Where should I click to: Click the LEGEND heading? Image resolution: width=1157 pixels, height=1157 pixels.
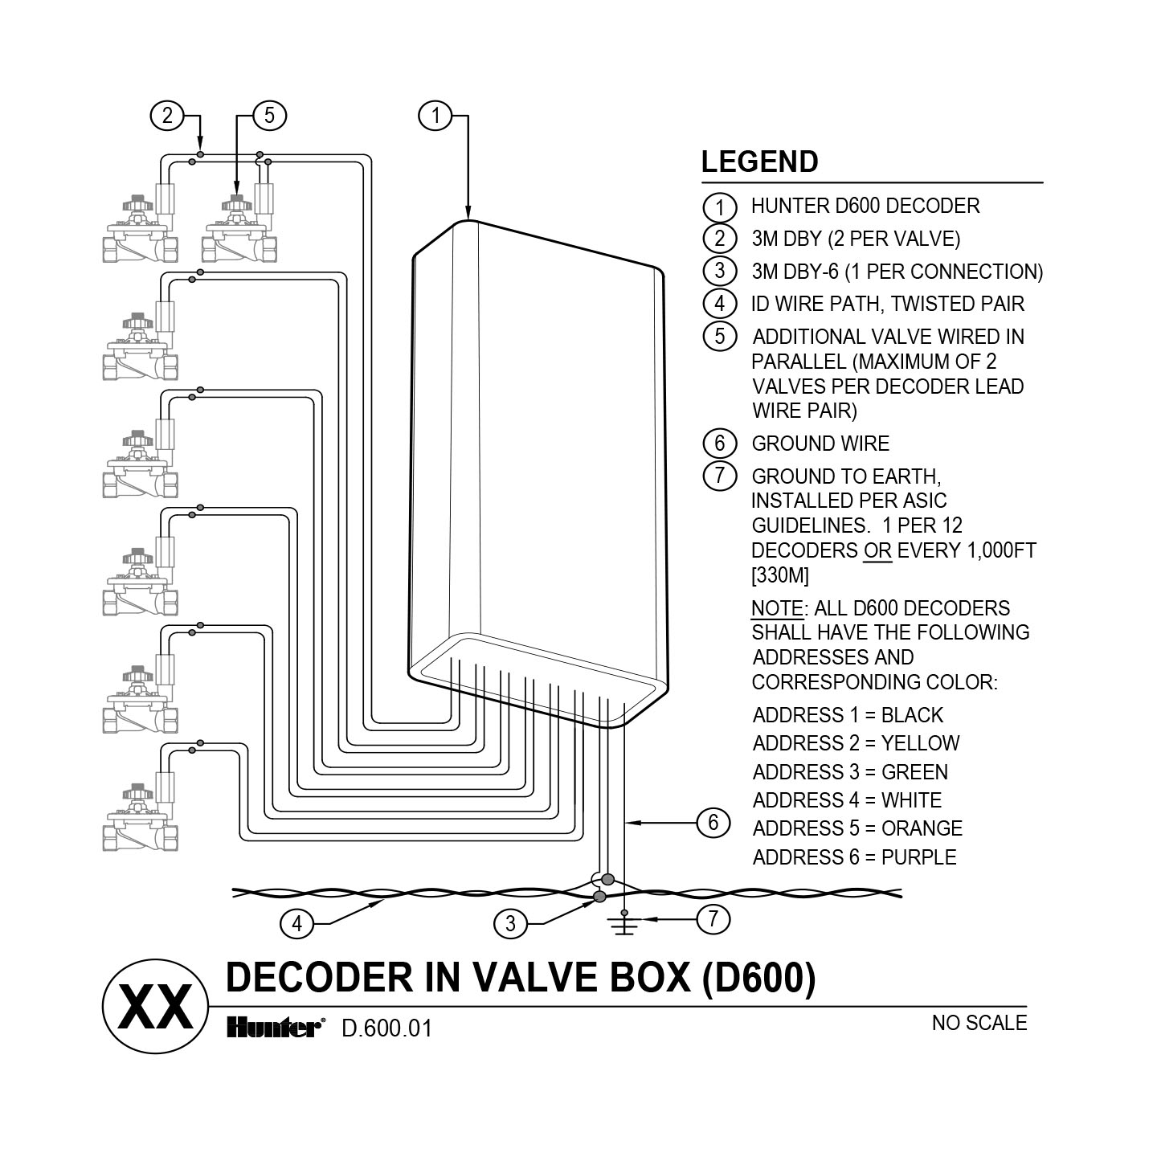pos(759,161)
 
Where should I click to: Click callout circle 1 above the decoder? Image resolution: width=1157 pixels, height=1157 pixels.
pos(435,116)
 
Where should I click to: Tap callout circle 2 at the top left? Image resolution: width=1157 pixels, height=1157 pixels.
pos(167,116)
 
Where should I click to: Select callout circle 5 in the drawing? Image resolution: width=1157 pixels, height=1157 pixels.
pos(269,116)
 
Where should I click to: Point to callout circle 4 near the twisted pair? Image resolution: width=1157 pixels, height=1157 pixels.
pos(296,924)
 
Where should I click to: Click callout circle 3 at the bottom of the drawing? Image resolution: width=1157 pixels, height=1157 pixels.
pos(510,924)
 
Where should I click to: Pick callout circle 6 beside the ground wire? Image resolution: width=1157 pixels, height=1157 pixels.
pos(713,822)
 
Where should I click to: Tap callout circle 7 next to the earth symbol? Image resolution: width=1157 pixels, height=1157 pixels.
pos(713,918)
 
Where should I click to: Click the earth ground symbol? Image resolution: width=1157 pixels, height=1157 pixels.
pos(625,925)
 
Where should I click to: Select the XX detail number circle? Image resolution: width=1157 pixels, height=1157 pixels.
pos(155,1007)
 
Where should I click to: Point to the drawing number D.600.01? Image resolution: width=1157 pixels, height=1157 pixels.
pos(386,1028)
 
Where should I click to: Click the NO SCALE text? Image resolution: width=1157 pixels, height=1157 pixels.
pos(979,1023)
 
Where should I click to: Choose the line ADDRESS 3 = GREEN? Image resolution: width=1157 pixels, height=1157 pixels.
pos(849,772)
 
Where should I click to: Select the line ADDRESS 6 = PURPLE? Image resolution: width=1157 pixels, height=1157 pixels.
pos(854,857)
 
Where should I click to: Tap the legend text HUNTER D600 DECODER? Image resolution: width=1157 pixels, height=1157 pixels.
pos(865,206)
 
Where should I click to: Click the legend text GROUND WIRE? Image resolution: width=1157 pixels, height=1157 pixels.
pos(820,444)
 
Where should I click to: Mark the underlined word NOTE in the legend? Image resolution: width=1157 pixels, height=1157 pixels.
pos(776,608)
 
